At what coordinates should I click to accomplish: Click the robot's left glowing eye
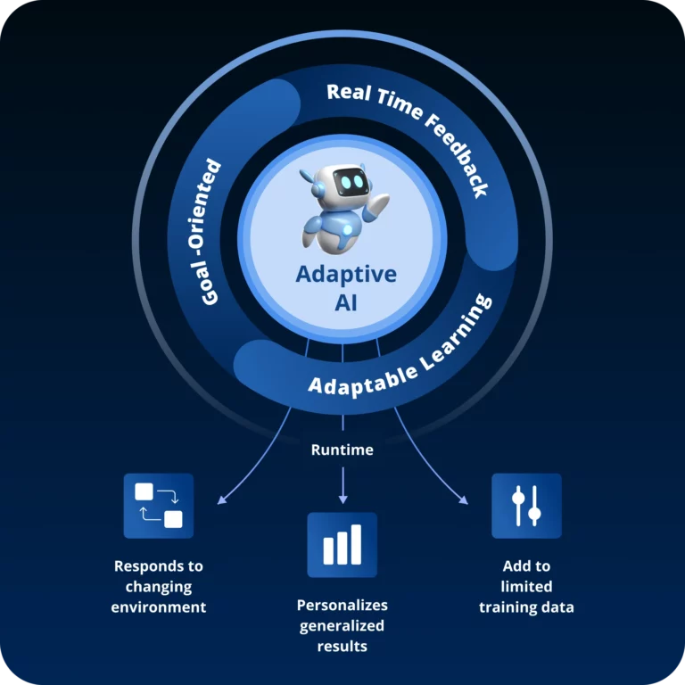[x=342, y=184]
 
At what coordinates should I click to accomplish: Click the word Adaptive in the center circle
[x=346, y=274]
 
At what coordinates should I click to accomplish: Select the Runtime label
[x=342, y=450]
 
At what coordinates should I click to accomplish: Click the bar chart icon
[x=342, y=545]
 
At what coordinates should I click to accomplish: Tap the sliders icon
[x=526, y=506]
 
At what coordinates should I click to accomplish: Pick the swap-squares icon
[x=158, y=506]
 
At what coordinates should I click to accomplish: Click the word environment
[x=158, y=607]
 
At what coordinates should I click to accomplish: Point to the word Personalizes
[x=342, y=605]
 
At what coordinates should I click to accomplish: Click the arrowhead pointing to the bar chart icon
[x=342, y=499]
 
